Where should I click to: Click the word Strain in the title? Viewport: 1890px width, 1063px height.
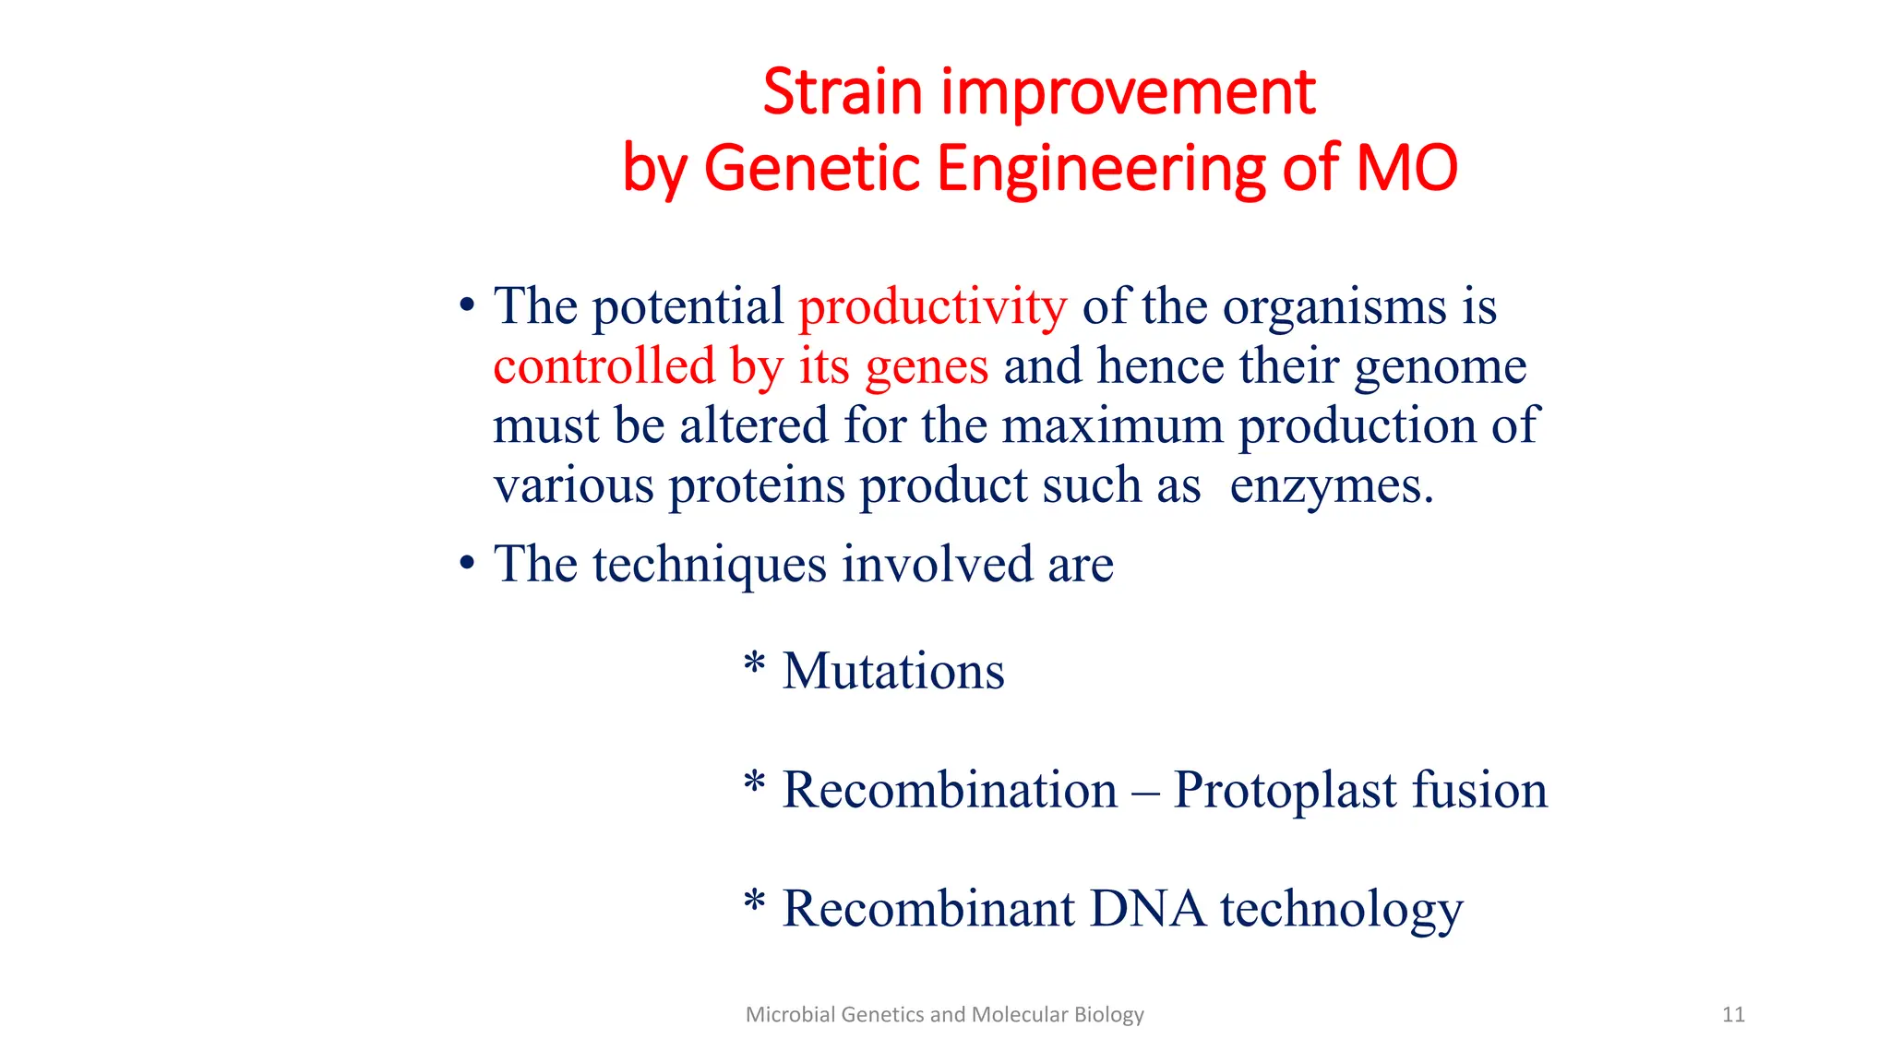click(x=842, y=92)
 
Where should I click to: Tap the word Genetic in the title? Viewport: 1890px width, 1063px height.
click(x=811, y=168)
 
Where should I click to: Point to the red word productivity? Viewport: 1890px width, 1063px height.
click(x=932, y=306)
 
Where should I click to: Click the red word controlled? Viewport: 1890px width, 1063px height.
click(x=604, y=365)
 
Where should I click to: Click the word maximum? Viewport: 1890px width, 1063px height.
click(x=1112, y=425)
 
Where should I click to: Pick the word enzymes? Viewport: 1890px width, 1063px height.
click(x=1331, y=486)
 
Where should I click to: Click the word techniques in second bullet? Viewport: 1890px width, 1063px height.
click(x=709, y=565)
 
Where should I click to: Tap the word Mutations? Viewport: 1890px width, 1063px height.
click(x=893, y=671)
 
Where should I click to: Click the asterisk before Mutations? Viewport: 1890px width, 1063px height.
click(x=754, y=663)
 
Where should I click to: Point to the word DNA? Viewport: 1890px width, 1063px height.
click(x=1147, y=909)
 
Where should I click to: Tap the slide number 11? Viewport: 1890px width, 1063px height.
click(x=1733, y=1015)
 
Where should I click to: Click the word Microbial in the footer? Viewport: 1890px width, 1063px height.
click(x=778, y=1015)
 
